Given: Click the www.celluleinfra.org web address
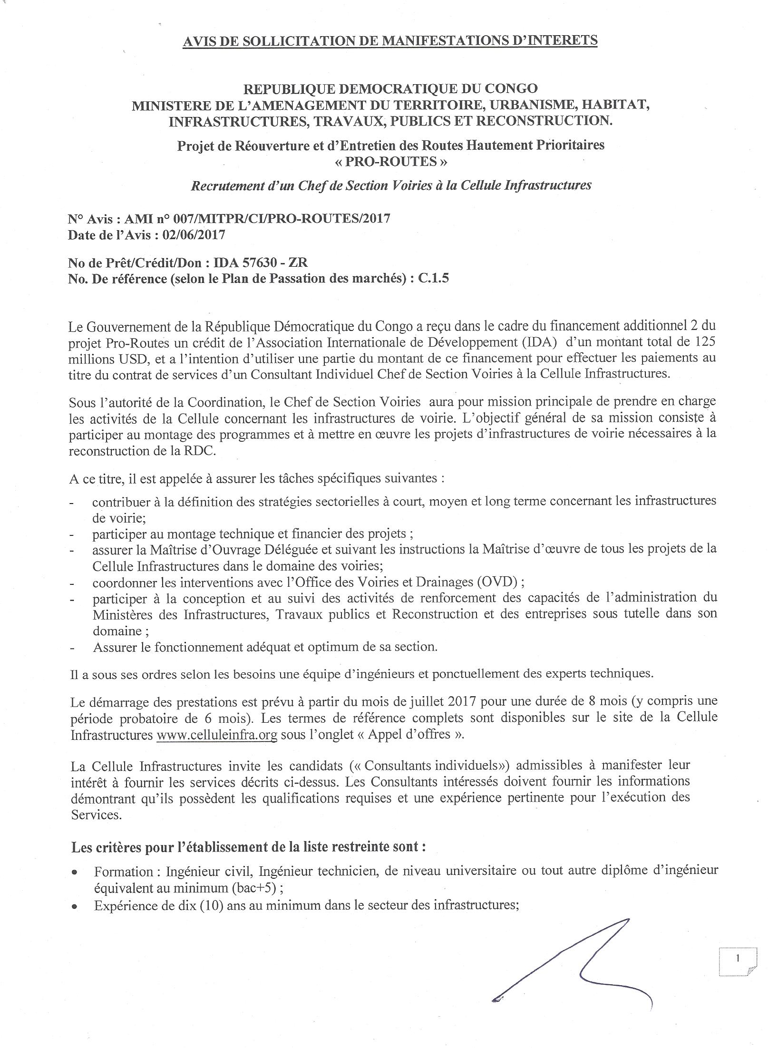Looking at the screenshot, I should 217,735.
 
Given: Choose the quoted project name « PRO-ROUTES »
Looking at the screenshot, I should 390,162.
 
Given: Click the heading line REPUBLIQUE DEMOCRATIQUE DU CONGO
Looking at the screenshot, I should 390,89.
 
